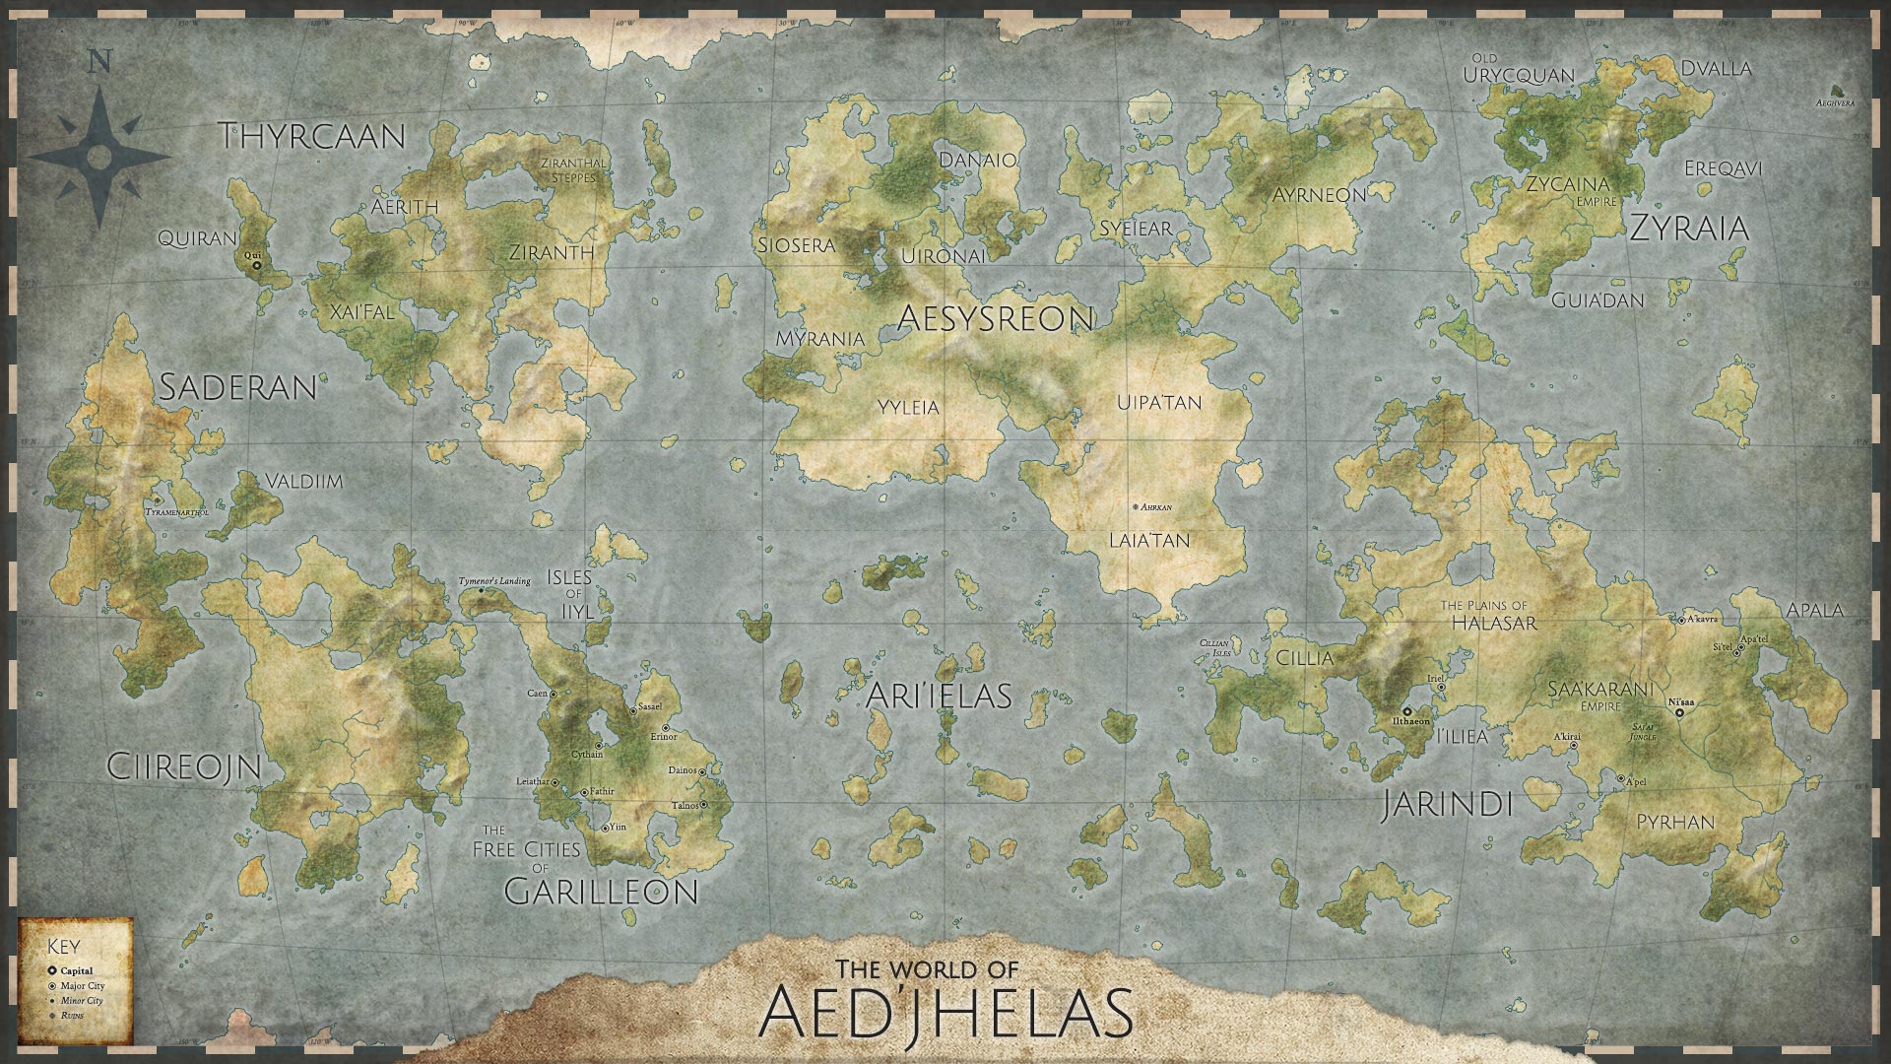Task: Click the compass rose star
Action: point(98,157)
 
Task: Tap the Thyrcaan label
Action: point(312,136)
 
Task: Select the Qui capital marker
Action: point(256,265)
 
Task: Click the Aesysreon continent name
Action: point(996,317)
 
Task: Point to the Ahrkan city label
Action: point(1155,507)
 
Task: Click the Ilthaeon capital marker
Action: point(1406,710)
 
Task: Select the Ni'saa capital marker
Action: point(1679,712)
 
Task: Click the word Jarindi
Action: point(1446,804)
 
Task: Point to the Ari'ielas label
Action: point(939,696)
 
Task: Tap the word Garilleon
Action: point(601,892)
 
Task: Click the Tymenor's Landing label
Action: point(494,581)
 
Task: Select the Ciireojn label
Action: point(183,767)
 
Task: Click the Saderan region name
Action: point(237,387)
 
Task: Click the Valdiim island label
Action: point(303,482)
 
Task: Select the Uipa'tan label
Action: point(1159,403)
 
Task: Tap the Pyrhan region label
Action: point(1675,822)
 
